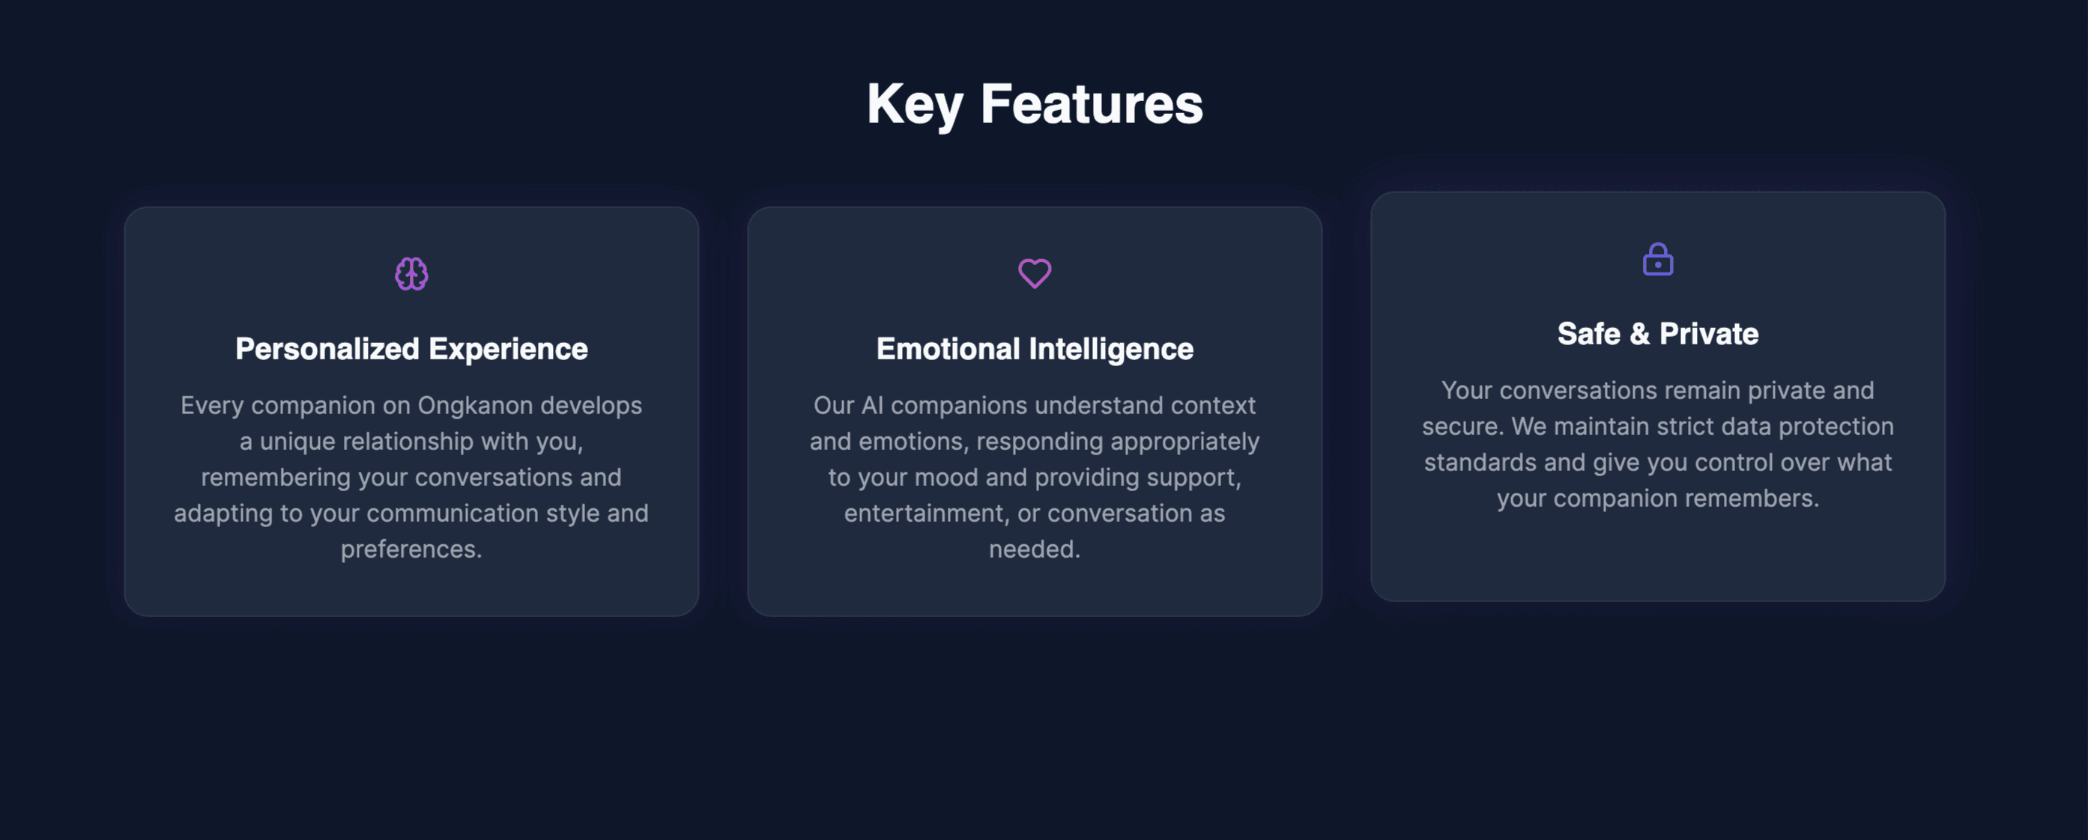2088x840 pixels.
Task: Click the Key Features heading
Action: (1035, 105)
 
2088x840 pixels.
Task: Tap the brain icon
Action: (412, 274)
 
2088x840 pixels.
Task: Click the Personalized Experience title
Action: (412, 349)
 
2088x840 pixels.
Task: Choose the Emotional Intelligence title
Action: (1035, 349)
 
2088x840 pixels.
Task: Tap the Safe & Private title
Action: (1658, 334)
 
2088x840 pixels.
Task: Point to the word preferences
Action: (411, 550)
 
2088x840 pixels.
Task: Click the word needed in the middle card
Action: (1035, 550)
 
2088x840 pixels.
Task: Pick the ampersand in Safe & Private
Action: (1640, 334)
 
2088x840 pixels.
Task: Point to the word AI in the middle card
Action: (872, 405)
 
